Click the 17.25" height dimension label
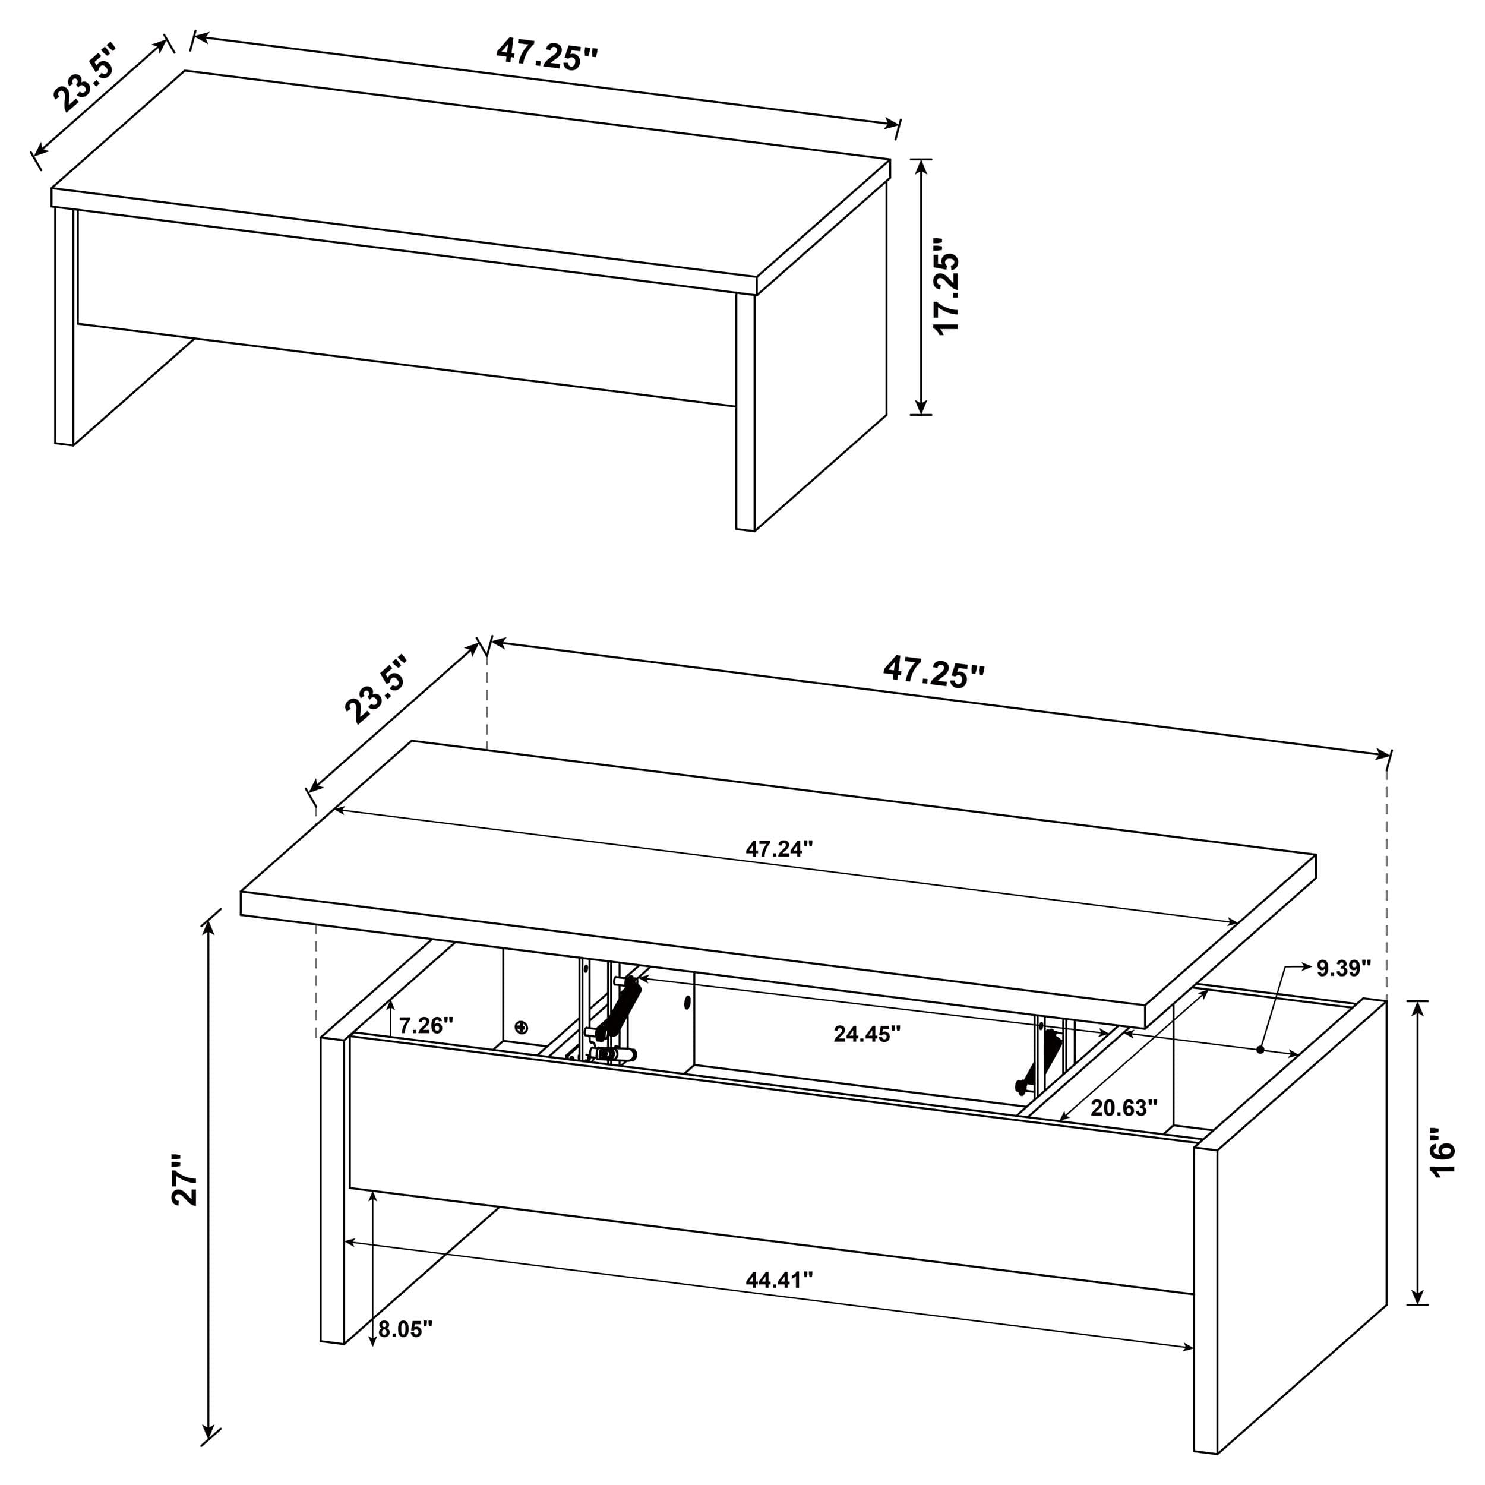point(947,286)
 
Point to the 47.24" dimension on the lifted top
point(779,849)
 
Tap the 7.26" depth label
point(426,1025)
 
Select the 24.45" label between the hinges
point(866,1034)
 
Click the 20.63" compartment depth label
point(1124,1108)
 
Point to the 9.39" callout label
point(1344,968)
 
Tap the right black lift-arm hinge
point(1044,1062)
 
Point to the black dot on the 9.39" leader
point(1260,1048)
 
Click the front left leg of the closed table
point(65,327)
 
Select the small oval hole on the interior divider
point(687,1002)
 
